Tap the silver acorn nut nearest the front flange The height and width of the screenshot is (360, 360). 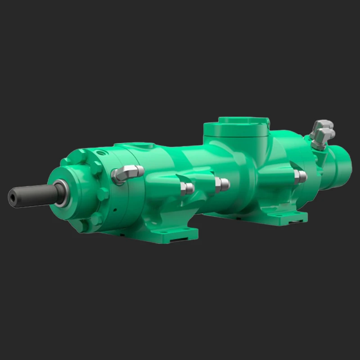pyautogui.click(x=187, y=188)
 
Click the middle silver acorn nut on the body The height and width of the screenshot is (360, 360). pyautogui.click(x=222, y=184)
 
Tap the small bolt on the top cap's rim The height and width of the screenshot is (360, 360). pyautogui.click(x=267, y=121)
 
